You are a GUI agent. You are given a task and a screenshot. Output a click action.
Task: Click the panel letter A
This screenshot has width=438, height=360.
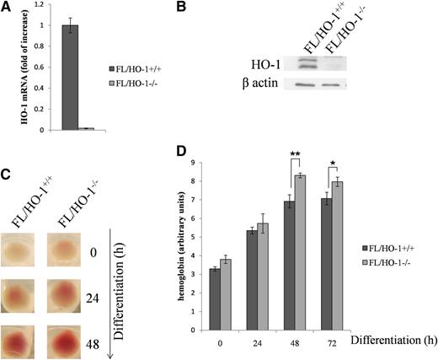(6, 8)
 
